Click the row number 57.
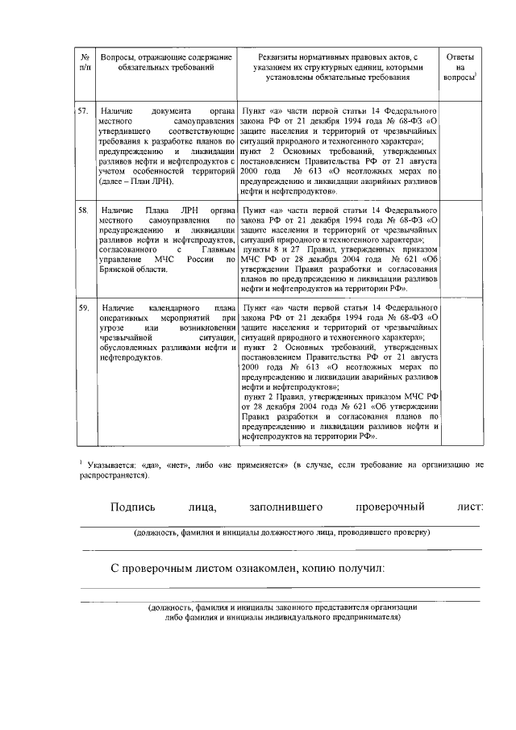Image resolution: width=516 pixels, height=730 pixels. click(83, 109)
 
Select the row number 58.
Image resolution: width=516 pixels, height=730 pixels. click(83, 209)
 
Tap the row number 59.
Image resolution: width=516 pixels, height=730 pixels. click(83, 308)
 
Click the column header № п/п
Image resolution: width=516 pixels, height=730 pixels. click(85, 64)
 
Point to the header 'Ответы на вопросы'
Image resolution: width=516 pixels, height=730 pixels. click(461, 67)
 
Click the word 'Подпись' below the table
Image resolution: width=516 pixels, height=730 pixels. click(133, 507)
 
